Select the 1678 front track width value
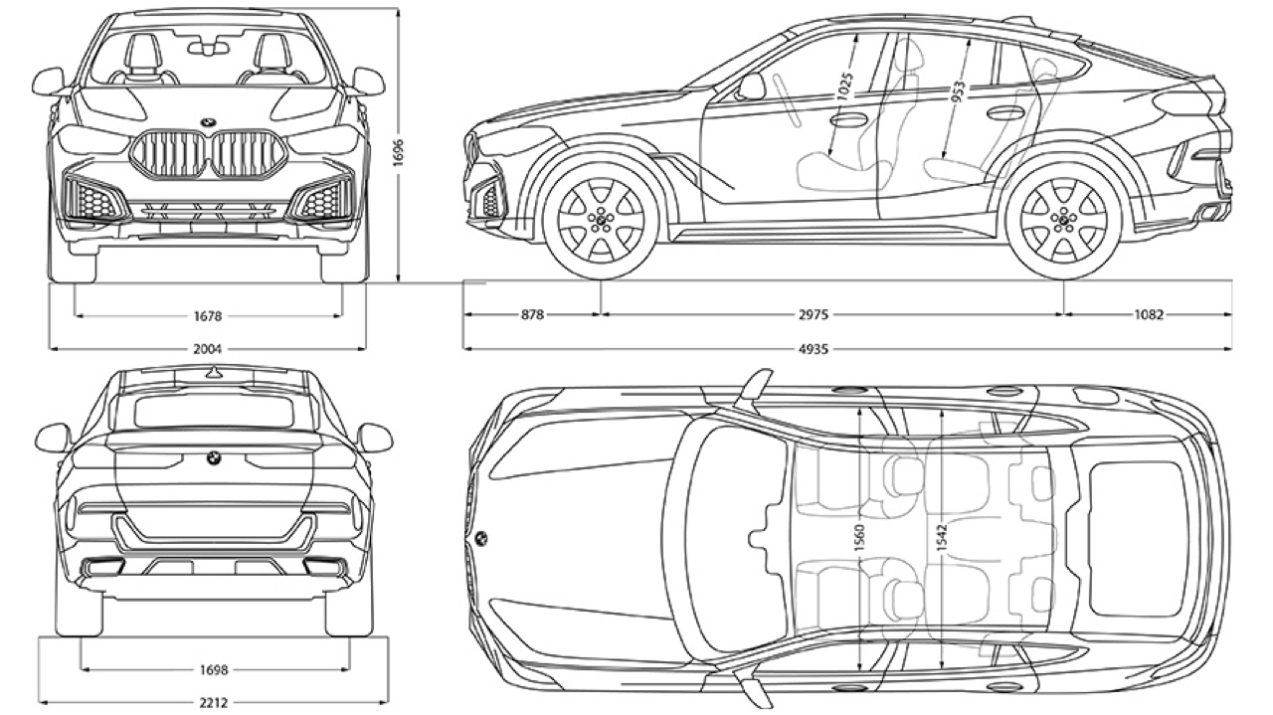pyautogui.click(x=208, y=316)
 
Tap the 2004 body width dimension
pyautogui.click(x=208, y=349)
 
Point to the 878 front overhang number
pyautogui.click(x=532, y=315)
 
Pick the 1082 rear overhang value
pyautogui.click(x=1148, y=315)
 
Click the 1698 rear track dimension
pyautogui.click(x=213, y=670)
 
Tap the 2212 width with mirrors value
pyautogui.click(x=213, y=703)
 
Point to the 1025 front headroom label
pyautogui.click(x=844, y=88)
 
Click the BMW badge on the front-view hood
pyautogui.click(x=208, y=123)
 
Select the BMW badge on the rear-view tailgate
pyautogui.click(x=212, y=456)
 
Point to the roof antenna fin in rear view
pyautogui.click(x=212, y=374)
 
